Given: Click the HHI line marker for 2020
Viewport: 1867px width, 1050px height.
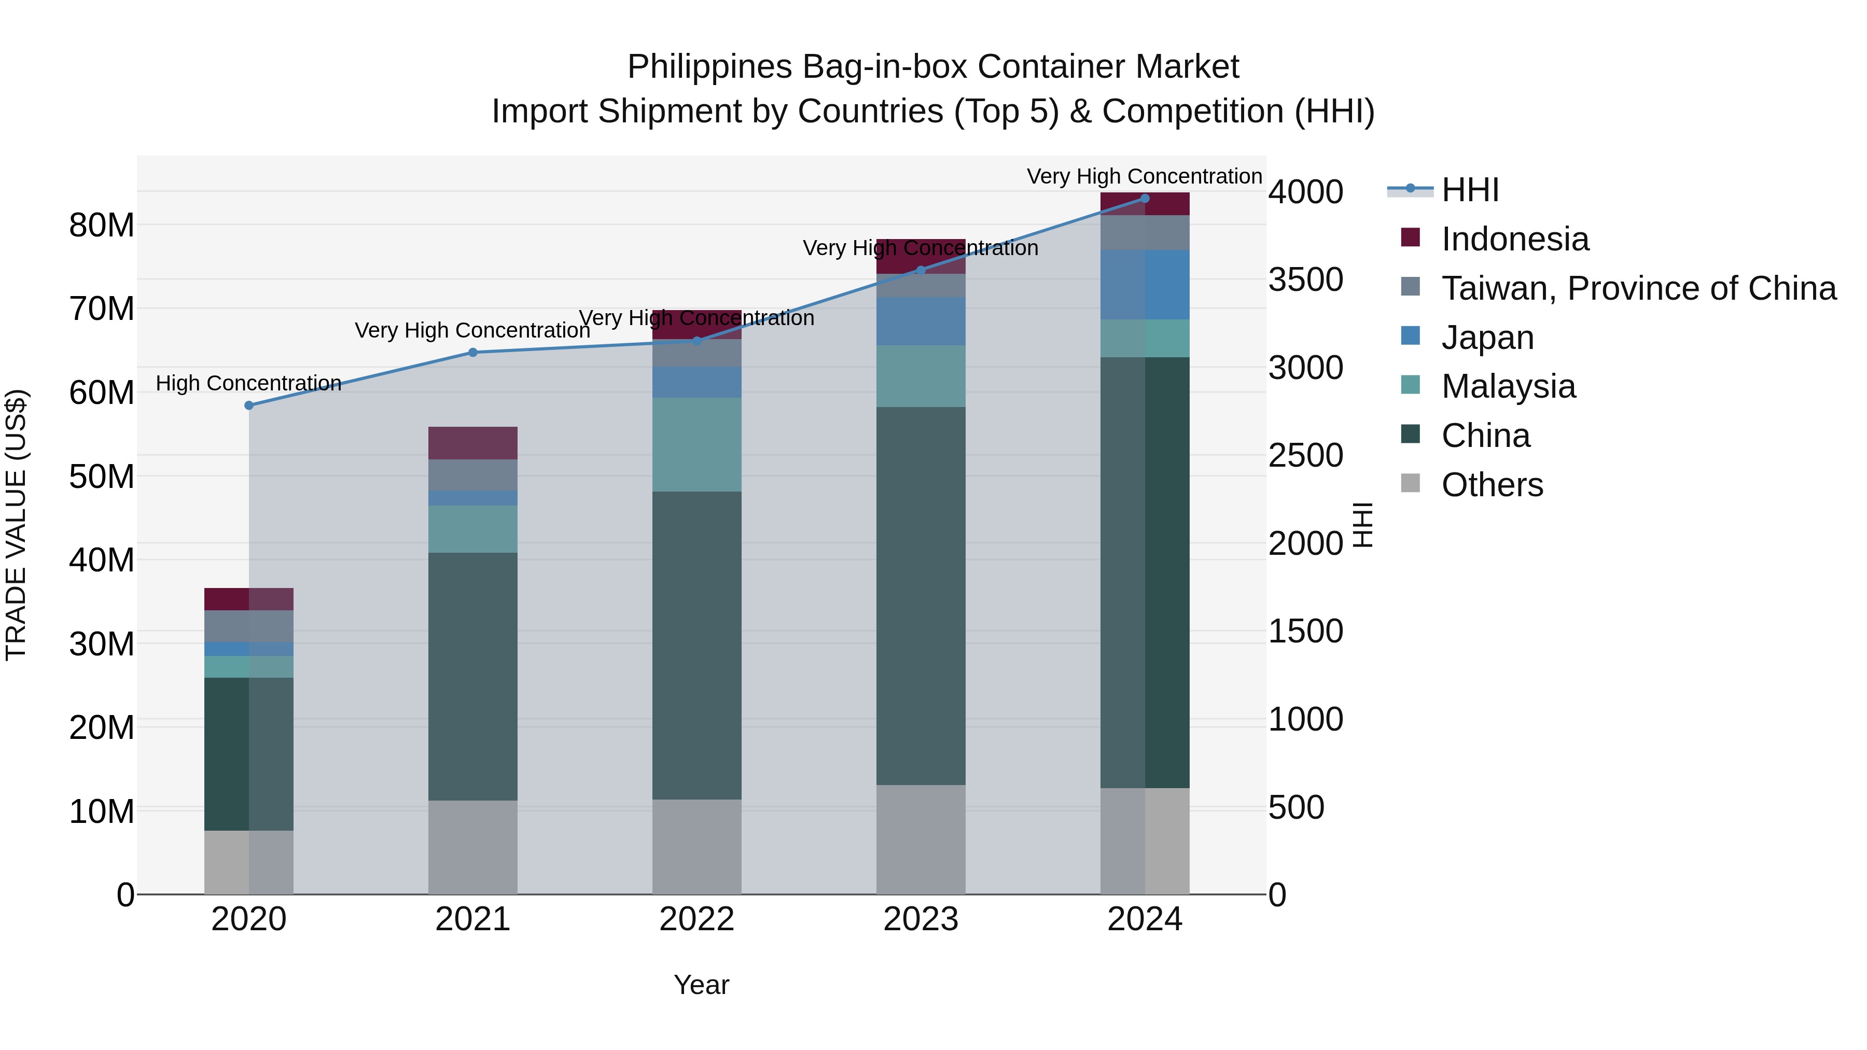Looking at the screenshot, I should point(248,405).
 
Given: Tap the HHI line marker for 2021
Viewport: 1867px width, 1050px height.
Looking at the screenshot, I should point(472,352).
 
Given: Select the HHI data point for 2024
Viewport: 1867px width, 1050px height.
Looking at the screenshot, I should point(1145,199).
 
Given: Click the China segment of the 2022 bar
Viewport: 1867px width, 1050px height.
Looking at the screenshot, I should point(696,645).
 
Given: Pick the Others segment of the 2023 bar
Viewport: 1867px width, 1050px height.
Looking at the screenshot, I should point(921,839).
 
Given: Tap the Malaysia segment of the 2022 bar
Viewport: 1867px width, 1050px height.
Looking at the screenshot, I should point(696,444).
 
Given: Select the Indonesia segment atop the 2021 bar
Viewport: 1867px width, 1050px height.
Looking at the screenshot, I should point(472,443).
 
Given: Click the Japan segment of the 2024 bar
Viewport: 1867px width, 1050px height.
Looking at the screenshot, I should point(1145,285).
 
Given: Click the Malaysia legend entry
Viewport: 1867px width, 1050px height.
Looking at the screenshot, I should point(1508,386).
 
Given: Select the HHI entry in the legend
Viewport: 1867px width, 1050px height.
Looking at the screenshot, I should point(1470,190).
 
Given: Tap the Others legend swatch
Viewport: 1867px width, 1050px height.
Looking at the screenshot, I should point(1411,483).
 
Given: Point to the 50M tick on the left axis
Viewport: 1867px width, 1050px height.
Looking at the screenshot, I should point(102,477).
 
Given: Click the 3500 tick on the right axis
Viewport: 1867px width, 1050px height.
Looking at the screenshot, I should point(1305,279).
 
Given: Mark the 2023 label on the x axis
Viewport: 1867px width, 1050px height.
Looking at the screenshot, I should point(921,919).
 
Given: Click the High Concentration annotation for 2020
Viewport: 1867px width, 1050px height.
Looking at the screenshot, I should point(248,383).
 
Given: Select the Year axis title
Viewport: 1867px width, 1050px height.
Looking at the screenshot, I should point(701,985).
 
